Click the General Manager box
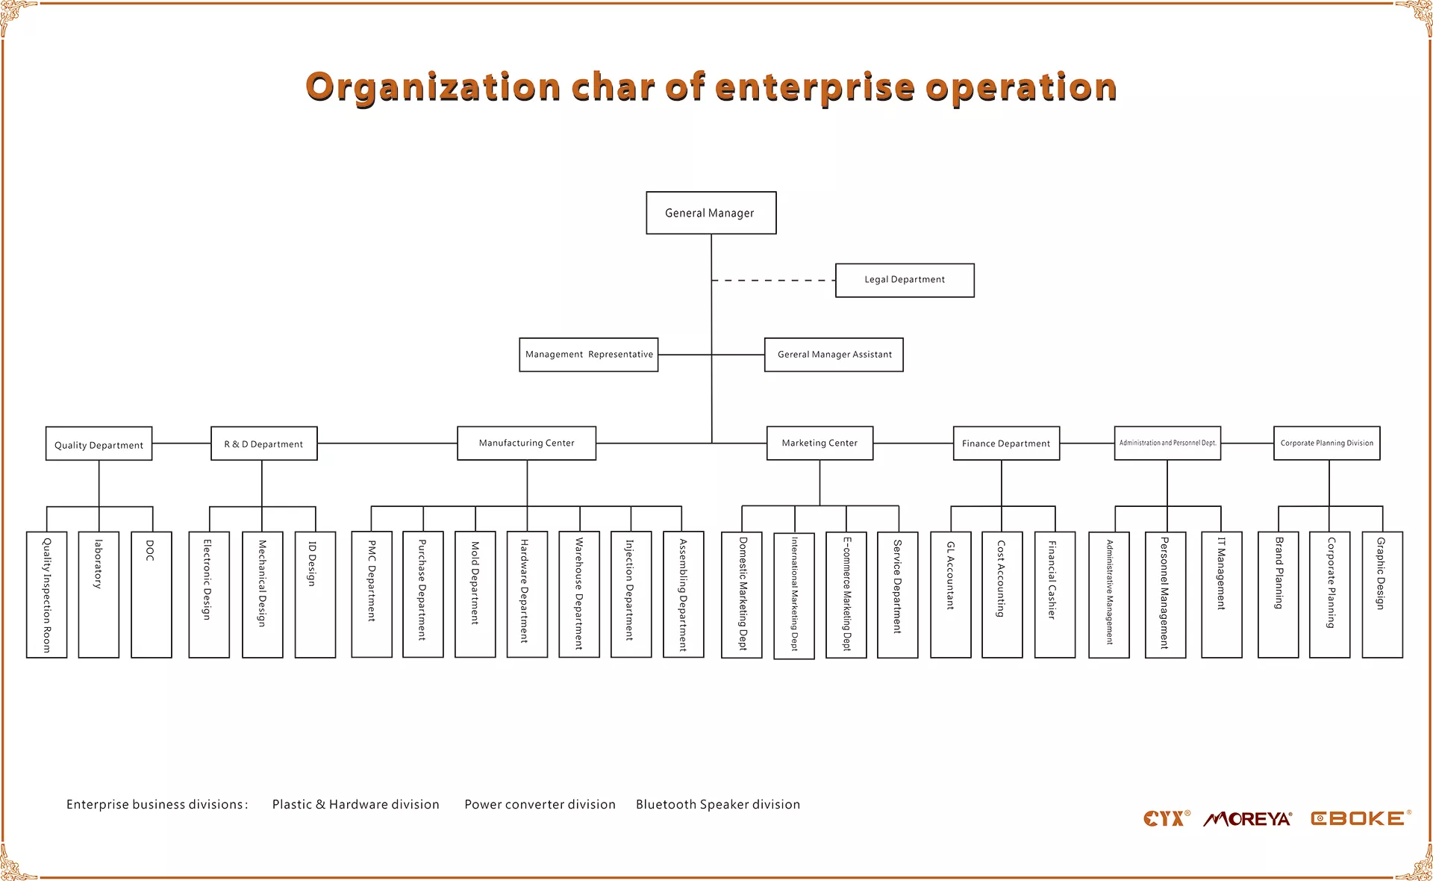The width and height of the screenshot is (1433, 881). tap(711, 213)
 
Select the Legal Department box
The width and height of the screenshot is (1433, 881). tap(905, 280)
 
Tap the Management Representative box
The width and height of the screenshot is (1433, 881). tap(589, 355)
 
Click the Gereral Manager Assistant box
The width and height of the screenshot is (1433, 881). tap(834, 355)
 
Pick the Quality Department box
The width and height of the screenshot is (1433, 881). tap(99, 443)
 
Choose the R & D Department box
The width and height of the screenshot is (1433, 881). tap(264, 443)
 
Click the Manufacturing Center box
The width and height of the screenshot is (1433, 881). tap(527, 443)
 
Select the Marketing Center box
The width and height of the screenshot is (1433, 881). tap(820, 443)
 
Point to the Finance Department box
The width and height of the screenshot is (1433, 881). tap(1006, 443)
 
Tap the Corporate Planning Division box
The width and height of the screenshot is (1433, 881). tap(1327, 443)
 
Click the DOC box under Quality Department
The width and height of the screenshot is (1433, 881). tap(152, 594)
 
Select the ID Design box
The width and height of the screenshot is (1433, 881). tap(315, 594)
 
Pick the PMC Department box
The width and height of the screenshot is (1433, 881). tap(372, 594)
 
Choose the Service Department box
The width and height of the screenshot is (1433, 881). tap(898, 595)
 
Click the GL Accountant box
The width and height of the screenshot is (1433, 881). tap(951, 594)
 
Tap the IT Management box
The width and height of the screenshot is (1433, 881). tap(1222, 594)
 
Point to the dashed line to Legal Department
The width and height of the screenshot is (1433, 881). tap(773, 281)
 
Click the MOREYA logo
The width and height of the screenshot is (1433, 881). tap(1248, 819)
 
